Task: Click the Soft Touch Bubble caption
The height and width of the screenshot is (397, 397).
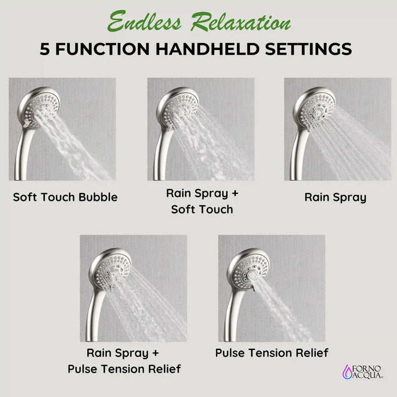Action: point(65,197)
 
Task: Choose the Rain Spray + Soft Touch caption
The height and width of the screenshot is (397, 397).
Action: point(202,201)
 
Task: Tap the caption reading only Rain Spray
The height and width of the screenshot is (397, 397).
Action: point(335,197)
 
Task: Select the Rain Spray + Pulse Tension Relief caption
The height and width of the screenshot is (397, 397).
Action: point(124,361)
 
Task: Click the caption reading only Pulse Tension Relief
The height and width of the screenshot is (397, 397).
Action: point(272,353)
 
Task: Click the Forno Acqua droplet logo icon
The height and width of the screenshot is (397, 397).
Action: point(347,371)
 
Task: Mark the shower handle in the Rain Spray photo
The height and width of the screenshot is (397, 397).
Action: point(296,153)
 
